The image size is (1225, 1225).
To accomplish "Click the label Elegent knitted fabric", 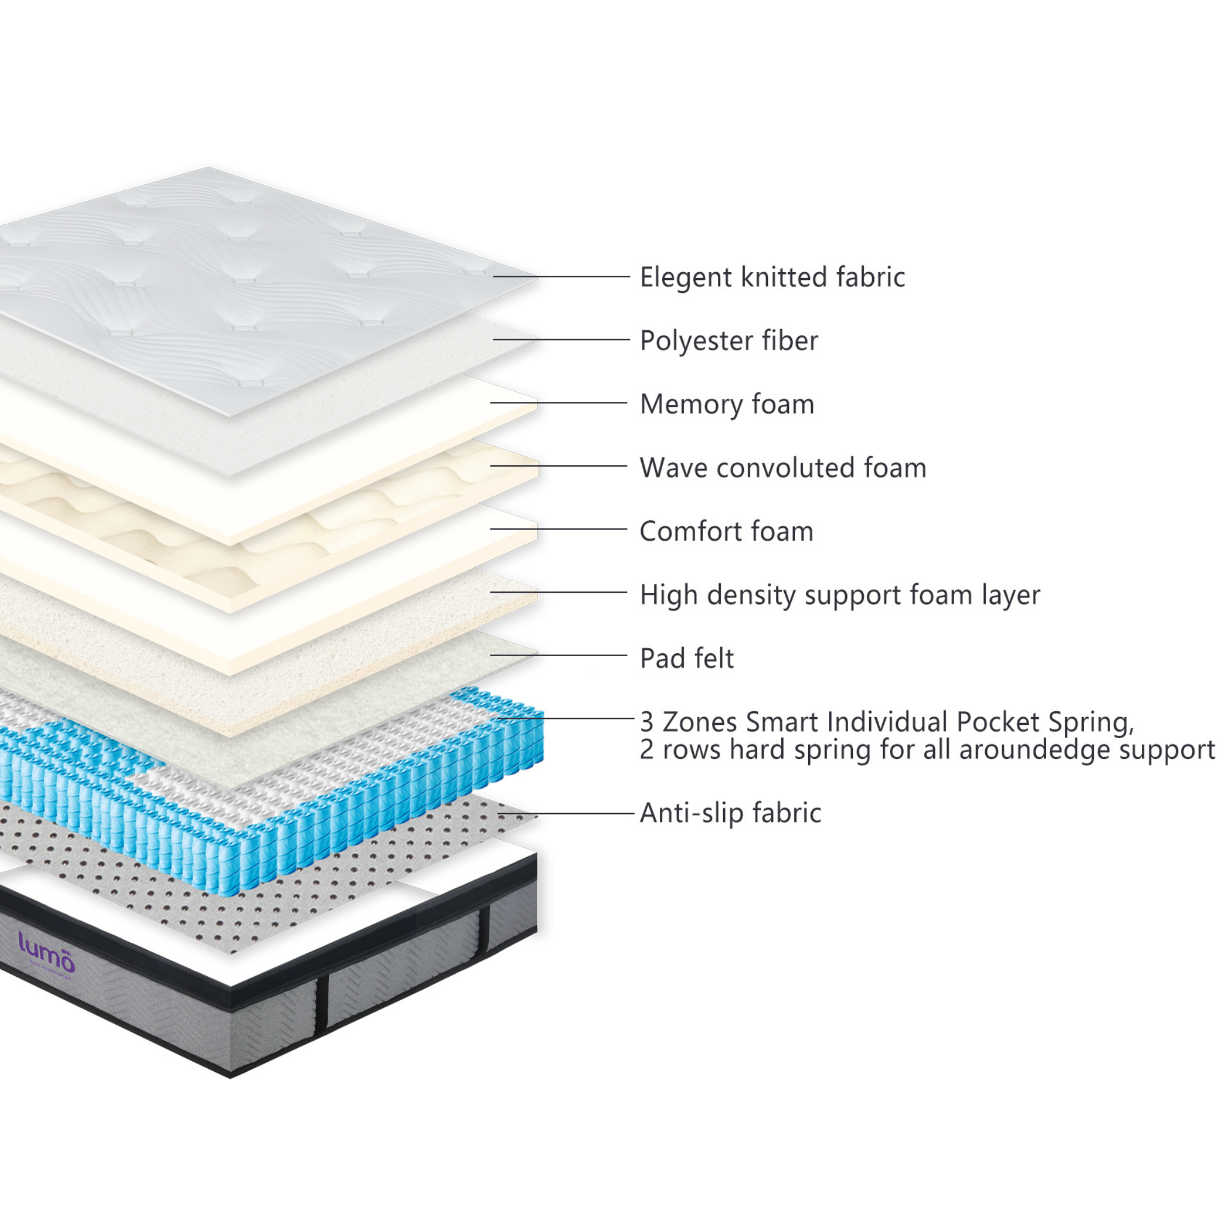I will pos(772,278).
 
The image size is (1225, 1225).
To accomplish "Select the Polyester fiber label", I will pos(729,341).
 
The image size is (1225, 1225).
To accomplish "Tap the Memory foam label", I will pos(727,404).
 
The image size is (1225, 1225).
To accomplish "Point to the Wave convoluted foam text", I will pos(782,468).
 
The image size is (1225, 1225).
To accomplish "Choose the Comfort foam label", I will pos(726,531).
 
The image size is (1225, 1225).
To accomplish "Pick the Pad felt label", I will pos(686,658).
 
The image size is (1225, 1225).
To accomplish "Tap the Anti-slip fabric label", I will pos(730,813).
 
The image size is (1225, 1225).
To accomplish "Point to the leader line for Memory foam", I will pos(558,403).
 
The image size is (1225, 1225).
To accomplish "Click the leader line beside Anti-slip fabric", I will pos(566,813).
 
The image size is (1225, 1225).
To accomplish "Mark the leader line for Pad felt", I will pos(558,656).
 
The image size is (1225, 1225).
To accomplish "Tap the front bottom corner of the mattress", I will pos(230,1076).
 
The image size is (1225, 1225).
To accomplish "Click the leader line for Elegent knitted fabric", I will pos(561,276).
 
